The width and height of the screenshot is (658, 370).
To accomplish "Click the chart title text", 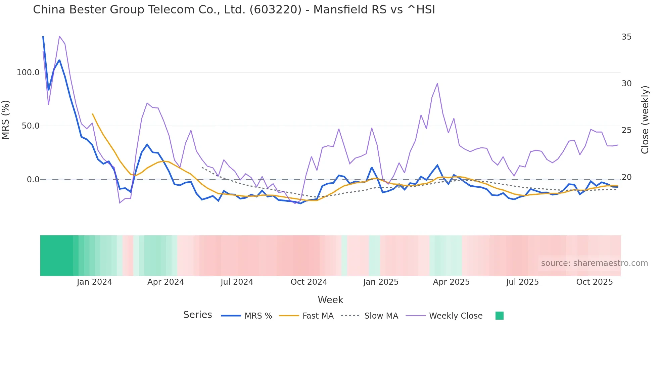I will tap(234, 10).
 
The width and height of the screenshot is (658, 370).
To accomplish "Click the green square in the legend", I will tap(499, 316).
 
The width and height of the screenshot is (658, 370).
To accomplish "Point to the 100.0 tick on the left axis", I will tap(28, 73).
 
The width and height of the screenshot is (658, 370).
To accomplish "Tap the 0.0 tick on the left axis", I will tap(33, 180).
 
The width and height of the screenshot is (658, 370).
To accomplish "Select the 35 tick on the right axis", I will tap(626, 37).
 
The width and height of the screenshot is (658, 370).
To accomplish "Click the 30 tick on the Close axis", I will tap(626, 84).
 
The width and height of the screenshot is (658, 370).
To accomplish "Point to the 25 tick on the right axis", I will tap(626, 130).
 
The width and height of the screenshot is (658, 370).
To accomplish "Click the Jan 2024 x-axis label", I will tap(94, 282).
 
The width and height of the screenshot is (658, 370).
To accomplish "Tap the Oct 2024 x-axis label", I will tap(309, 282).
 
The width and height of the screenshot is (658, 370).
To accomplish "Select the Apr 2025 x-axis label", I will tap(451, 282).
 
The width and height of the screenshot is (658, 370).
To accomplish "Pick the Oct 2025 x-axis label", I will tap(595, 282).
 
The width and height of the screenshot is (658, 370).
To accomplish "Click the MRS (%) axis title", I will tap(6, 120).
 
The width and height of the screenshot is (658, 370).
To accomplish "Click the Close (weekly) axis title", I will tap(645, 120).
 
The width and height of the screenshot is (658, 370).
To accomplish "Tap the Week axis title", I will tap(330, 300).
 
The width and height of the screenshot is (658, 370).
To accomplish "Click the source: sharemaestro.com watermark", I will tap(594, 263).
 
